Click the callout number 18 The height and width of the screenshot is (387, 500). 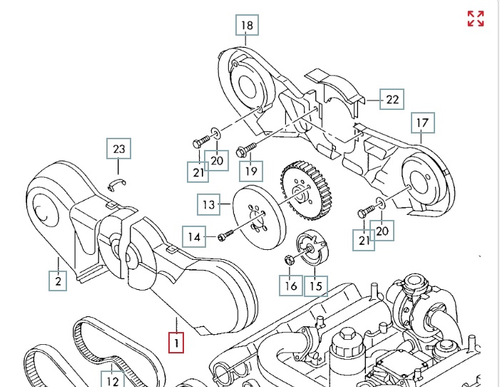247,26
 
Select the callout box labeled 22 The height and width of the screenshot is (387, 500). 392,99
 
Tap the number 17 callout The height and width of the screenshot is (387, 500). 422,124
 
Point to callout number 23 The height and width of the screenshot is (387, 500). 119,149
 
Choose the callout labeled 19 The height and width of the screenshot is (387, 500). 250,171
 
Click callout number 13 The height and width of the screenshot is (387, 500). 208,205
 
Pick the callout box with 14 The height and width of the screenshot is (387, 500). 194,236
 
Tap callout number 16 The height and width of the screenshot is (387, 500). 290,286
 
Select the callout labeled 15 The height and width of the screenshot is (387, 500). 316,286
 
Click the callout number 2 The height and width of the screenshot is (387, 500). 58,281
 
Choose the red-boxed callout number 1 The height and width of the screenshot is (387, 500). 175,343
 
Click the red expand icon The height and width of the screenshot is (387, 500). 476,19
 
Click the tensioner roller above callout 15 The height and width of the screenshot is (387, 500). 313,249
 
